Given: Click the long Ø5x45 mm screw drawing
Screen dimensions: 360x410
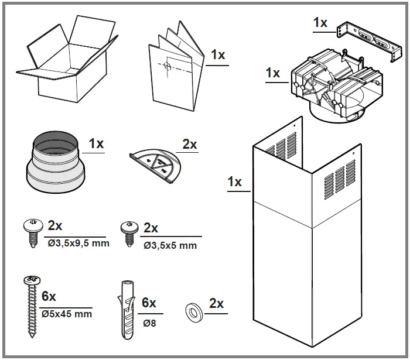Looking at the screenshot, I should tap(29, 305).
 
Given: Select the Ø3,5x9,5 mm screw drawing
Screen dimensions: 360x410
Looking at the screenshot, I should tap(32, 232).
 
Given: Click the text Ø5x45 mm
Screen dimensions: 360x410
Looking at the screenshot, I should tap(67, 314).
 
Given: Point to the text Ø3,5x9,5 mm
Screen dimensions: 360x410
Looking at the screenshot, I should tap(78, 243).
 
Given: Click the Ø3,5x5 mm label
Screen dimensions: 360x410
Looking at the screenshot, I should tap(170, 245).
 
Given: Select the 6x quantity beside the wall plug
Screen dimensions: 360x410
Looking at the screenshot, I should tap(149, 303).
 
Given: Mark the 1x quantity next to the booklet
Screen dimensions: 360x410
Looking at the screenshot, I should tap(218, 55).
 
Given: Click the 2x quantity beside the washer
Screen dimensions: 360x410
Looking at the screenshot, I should tap(216, 304).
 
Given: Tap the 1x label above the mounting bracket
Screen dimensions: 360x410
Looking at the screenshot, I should tap(320, 22).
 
